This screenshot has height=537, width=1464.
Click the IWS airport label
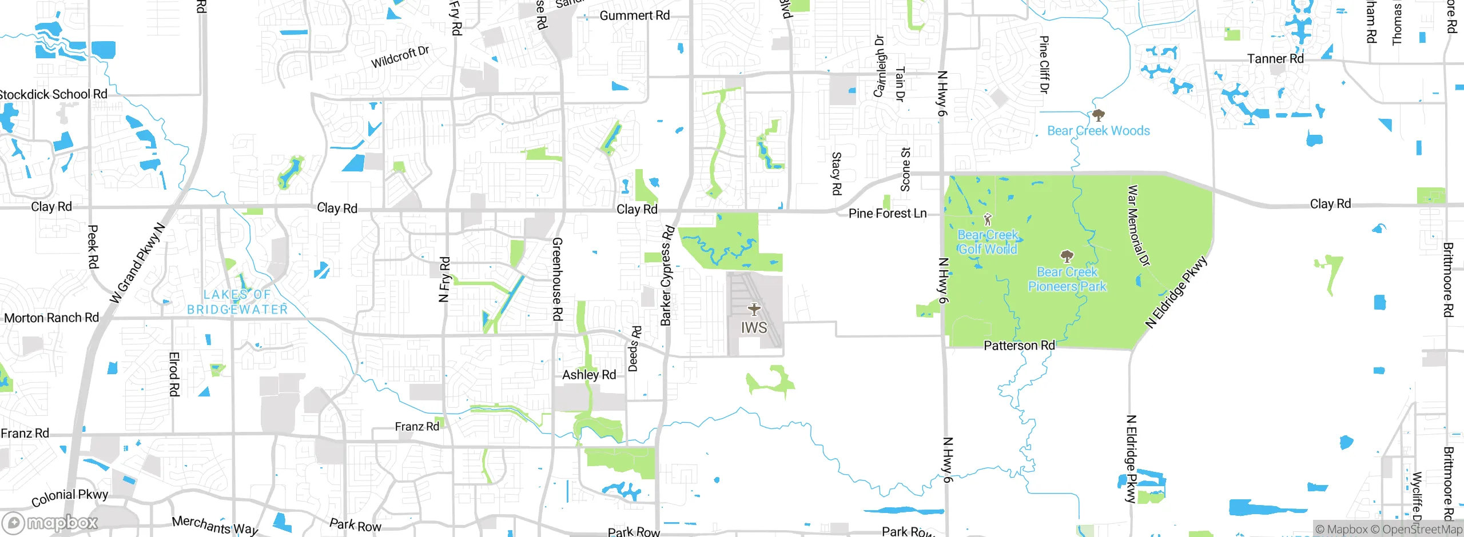pos(754,328)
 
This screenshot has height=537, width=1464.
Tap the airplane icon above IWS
pos(754,310)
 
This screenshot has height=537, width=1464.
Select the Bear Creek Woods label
pos(1098,131)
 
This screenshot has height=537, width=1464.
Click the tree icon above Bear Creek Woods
pos(1098,115)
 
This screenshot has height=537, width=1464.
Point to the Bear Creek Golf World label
pos(988,242)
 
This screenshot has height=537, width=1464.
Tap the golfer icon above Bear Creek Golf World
pos(987,219)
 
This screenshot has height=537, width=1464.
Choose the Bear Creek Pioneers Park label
pos(1067,279)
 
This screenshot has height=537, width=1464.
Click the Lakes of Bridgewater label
pos(237,302)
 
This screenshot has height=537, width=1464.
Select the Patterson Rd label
pos(1019,346)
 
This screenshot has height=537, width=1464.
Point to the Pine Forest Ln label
pos(887,214)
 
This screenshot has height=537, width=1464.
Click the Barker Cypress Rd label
pos(667,276)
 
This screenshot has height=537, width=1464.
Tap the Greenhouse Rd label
pos(557,279)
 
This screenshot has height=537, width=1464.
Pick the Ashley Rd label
pos(589,375)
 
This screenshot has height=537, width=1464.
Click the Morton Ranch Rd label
pos(51,318)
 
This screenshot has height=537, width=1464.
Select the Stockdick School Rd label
pos(53,94)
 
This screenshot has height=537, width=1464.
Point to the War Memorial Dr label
pos(1138,226)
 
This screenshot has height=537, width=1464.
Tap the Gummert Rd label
pos(634,15)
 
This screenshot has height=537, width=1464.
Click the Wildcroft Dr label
pos(400,57)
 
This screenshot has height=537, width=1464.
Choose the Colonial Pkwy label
pos(70,497)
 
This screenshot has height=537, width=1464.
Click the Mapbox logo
pos(50,523)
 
